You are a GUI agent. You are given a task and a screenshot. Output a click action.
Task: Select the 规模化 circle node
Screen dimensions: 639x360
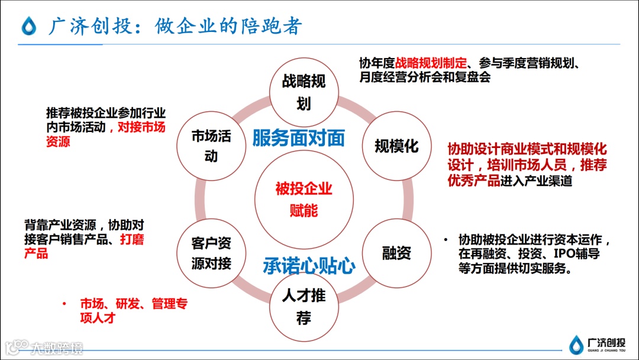396,146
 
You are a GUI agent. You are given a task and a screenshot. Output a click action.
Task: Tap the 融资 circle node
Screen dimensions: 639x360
396,253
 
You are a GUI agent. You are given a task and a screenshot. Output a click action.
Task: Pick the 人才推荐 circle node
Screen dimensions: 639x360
304,307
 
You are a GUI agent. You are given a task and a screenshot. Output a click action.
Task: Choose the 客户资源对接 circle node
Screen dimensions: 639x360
211,253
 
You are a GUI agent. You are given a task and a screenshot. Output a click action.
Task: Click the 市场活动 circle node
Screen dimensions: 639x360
211,146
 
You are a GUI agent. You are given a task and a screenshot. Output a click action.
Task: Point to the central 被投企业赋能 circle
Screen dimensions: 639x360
304,200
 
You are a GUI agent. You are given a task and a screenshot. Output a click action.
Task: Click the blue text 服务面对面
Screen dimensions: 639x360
298,138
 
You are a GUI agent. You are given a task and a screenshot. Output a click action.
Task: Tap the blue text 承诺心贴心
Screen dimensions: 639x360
309,266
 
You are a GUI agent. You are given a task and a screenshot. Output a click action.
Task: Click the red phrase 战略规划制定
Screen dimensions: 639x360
431,63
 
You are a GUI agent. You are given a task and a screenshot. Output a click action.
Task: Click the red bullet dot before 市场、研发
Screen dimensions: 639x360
64,304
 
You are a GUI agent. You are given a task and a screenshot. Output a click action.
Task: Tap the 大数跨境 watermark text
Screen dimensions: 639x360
57,348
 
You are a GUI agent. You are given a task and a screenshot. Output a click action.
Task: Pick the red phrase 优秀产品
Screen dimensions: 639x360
473,181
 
